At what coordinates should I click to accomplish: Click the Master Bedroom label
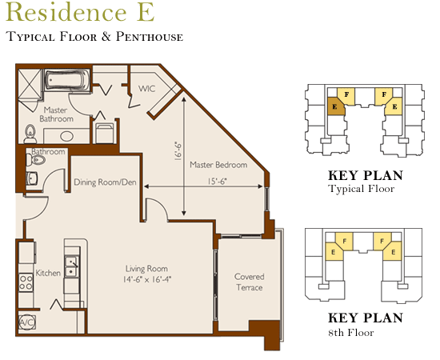(x=218, y=165)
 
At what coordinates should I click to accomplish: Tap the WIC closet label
(x=146, y=89)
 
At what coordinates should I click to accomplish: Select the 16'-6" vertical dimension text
(x=178, y=151)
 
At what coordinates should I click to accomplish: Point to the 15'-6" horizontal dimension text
(x=217, y=182)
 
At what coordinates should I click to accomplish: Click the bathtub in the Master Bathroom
(x=66, y=80)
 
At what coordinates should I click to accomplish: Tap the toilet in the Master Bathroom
(x=30, y=134)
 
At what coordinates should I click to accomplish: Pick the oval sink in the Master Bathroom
(x=66, y=136)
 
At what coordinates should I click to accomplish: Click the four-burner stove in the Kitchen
(x=26, y=282)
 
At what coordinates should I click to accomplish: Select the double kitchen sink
(x=72, y=266)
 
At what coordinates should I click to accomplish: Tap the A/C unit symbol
(x=27, y=322)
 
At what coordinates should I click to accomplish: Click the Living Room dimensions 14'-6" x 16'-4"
(x=147, y=279)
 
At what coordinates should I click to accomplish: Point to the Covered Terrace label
(x=249, y=282)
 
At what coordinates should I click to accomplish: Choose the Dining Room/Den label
(x=105, y=182)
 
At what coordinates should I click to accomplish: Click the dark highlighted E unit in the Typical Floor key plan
(x=336, y=106)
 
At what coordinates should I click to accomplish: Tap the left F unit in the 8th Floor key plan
(x=344, y=241)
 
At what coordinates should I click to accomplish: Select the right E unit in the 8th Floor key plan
(x=393, y=251)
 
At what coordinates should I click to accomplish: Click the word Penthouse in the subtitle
(x=150, y=37)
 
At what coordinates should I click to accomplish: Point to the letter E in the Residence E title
(x=146, y=12)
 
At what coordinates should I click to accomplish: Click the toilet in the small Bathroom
(x=36, y=160)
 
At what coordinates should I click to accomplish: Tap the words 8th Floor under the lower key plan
(x=351, y=333)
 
